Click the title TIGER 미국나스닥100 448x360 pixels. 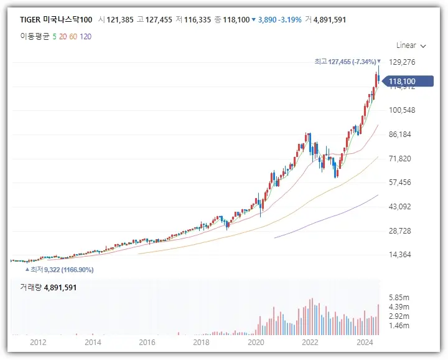point(56,20)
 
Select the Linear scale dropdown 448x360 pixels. point(411,45)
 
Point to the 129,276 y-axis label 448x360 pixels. point(402,62)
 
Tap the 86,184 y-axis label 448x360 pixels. point(401,135)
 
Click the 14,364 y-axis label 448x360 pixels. point(401,255)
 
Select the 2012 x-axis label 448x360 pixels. point(38,342)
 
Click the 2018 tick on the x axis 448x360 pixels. point(201,342)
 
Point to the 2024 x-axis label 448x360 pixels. point(364,342)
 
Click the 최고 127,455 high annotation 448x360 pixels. point(345,62)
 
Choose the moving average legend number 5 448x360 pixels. point(54,37)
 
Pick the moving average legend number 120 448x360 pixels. point(86,37)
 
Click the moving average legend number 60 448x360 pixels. point(73,37)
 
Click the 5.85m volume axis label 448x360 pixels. point(399,298)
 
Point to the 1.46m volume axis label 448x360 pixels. point(399,326)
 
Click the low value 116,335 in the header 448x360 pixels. point(195,20)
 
